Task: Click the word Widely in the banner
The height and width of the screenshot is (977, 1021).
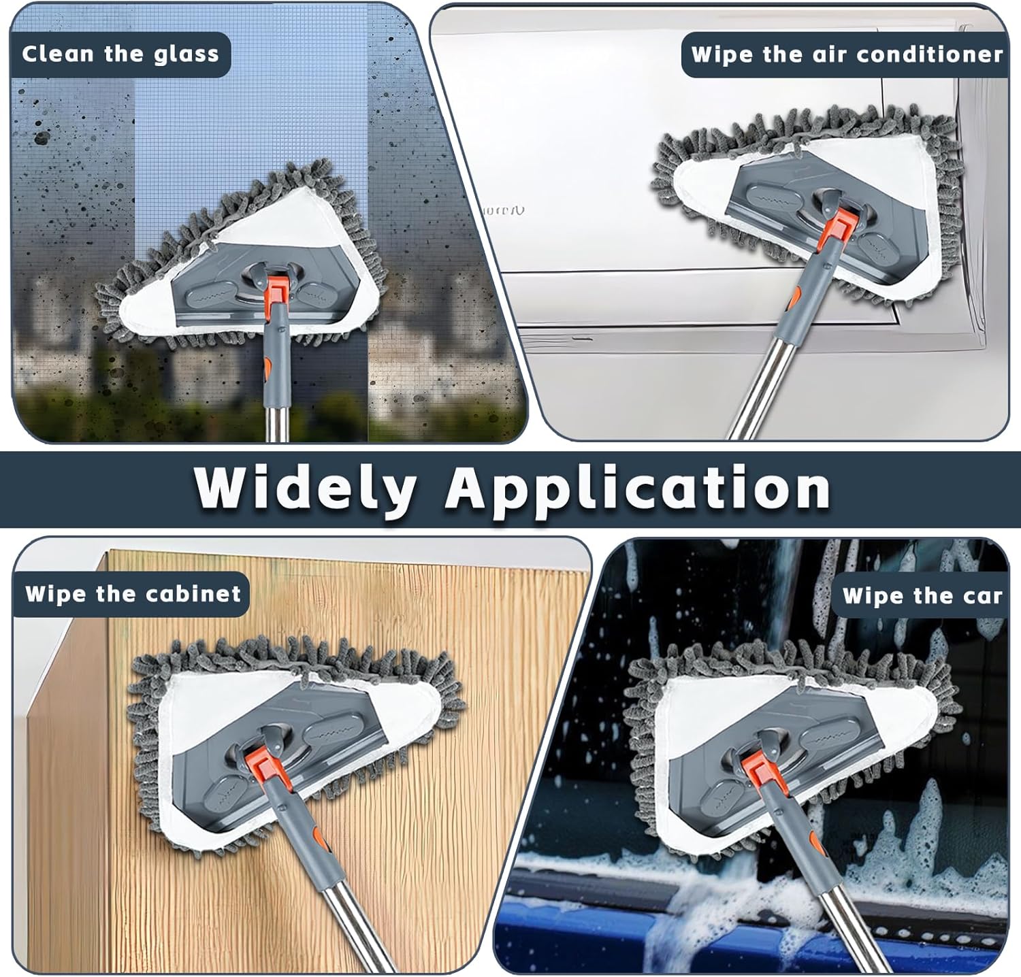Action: click(x=305, y=487)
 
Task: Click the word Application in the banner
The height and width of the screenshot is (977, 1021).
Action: click(x=638, y=487)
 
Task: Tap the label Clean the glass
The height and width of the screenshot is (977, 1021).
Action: click(x=120, y=54)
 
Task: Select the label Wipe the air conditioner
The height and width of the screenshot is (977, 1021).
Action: click(x=847, y=54)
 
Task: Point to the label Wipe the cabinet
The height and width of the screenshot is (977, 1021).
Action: click(x=133, y=593)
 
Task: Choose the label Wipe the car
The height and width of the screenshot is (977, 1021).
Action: click(x=922, y=596)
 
